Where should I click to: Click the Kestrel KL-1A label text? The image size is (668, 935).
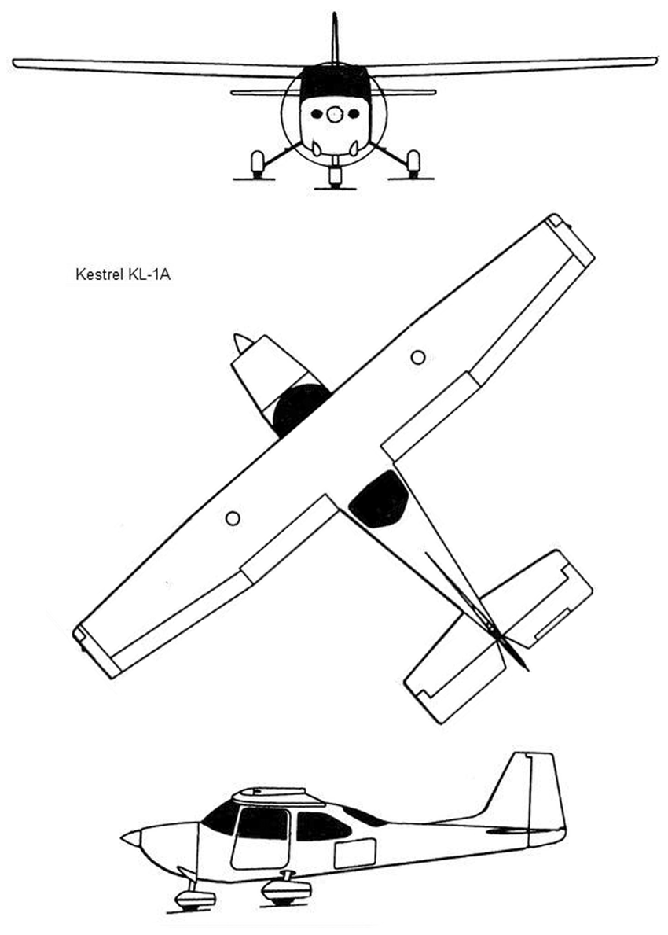[x=123, y=274]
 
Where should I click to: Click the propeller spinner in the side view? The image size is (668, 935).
[x=130, y=840]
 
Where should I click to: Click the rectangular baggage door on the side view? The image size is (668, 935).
[x=355, y=853]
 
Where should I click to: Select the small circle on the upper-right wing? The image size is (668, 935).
[x=418, y=357]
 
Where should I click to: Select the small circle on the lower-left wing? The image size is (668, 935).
[x=233, y=518]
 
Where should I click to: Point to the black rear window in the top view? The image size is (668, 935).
[x=379, y=499]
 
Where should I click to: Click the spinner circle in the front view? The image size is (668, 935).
[x=336, y=115]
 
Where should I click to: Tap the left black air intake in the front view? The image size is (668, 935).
[x=316, y=113]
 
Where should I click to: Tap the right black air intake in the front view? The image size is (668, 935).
[x=354, y=113]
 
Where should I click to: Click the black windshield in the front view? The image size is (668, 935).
[x=336, y=83]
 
